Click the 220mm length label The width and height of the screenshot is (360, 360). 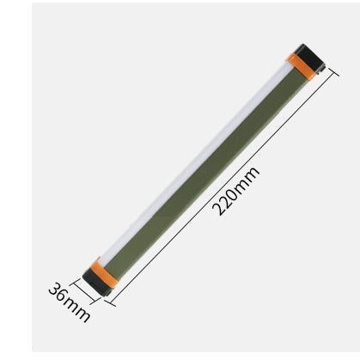point(235,192)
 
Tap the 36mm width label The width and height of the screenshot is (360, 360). point(69,302)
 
